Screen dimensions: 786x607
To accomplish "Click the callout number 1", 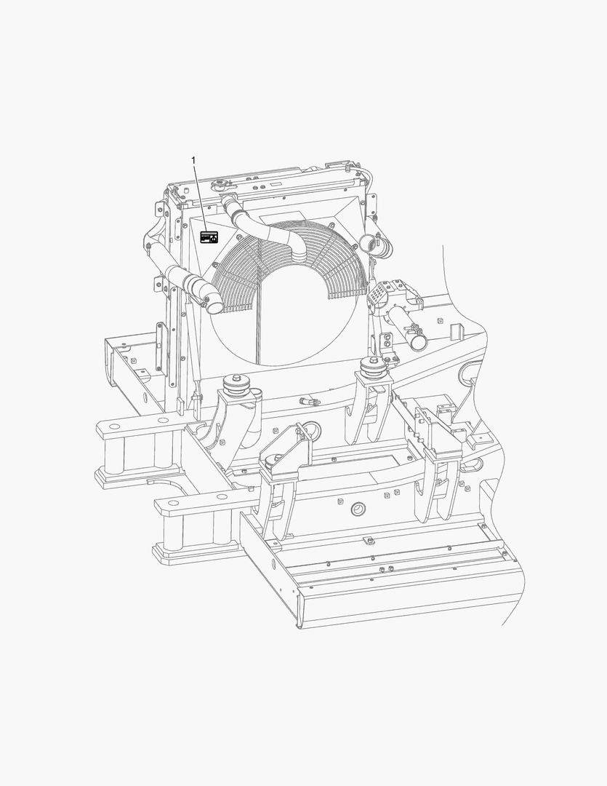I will click(x=193, y=159).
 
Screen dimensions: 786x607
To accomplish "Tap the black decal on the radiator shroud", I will click(x=209, y=237).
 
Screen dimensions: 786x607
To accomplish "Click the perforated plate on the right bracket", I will click(x=378, y=294).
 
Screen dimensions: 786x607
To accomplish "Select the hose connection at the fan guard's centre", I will click(x=299, y=255).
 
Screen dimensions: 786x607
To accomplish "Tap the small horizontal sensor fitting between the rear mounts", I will click(x=308, y=401).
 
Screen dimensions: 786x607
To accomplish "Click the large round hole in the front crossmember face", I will click(x=357, y=509).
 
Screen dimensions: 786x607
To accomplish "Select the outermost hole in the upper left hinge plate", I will click(x=112, y=424).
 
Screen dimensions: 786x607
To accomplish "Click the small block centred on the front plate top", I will click(x=369, y=540).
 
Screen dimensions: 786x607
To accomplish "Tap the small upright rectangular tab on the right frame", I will click(x=457, y=331).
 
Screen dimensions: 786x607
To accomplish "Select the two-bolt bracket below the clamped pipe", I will click(x=387, y=341).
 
